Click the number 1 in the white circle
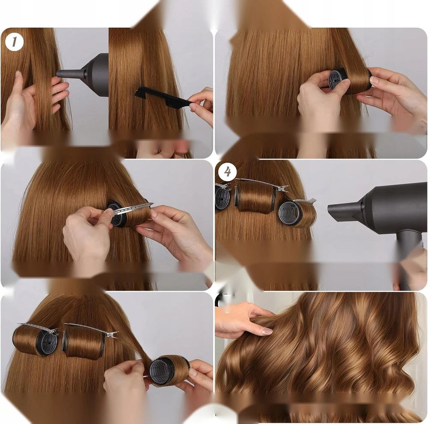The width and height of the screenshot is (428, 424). tap(14, 42)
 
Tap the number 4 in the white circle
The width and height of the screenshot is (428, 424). tap(227, 172)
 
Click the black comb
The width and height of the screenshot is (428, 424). tap(163, 97)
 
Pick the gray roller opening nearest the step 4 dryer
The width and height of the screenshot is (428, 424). tap(288, 215)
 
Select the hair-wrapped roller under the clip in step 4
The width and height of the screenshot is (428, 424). tap(255, 197)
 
